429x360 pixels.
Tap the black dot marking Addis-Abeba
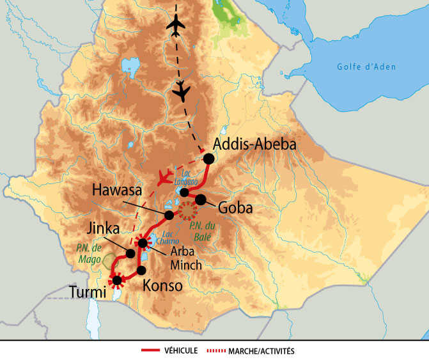click(208, 159)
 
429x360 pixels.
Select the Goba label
click(236, 208)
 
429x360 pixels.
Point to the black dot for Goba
click(201, 200)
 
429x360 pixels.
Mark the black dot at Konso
click(141, 270)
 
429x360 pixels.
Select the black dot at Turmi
click(116, 279)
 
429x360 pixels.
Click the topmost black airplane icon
click(175, 25)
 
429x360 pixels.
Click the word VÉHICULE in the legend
click(182, 350)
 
